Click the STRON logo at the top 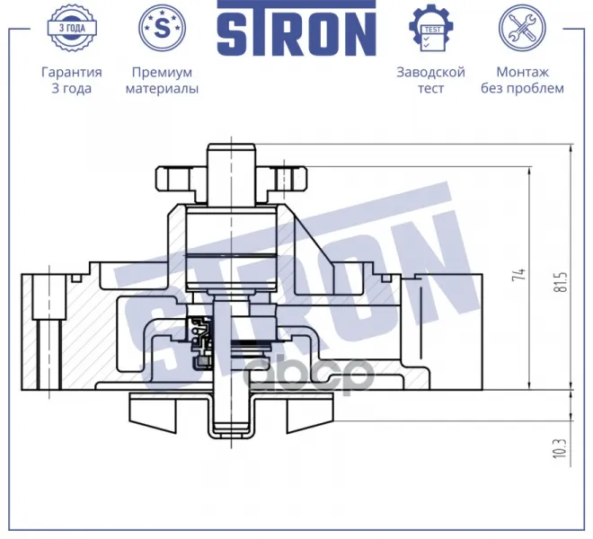pos(296,29)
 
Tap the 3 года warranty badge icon pos(72,28)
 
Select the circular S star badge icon pos(163,28)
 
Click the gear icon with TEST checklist pos(430,28)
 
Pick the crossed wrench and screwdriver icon pos(522,28)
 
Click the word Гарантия pos(72,72)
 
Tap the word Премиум pos(162,72)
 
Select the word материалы pos(162,89)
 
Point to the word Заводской pos(430,72)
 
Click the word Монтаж pos(522,72)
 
